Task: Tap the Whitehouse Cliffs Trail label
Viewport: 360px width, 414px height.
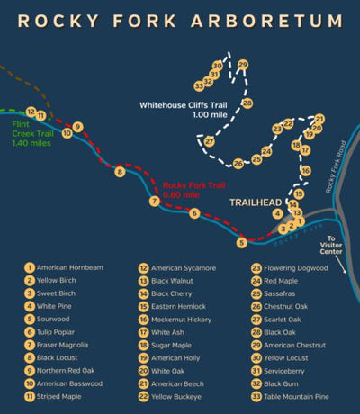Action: [187, 110]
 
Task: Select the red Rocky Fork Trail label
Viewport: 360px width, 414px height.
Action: [193, 190]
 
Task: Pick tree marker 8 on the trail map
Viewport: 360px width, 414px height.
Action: [119, 171]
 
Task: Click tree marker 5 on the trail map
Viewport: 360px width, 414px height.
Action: [240, 242]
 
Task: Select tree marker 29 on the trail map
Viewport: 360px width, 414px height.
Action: [242, 65]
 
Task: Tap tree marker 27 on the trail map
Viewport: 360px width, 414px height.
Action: [209, 141]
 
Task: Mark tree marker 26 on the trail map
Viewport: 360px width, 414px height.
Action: [238, 163]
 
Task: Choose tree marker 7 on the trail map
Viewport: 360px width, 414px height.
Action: [155, 202]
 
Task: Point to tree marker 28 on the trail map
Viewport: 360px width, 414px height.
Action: [247, 103]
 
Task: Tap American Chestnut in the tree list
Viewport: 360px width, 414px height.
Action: [299, 344]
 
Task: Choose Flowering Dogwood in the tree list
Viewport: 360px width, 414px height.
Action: [299, 268]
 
